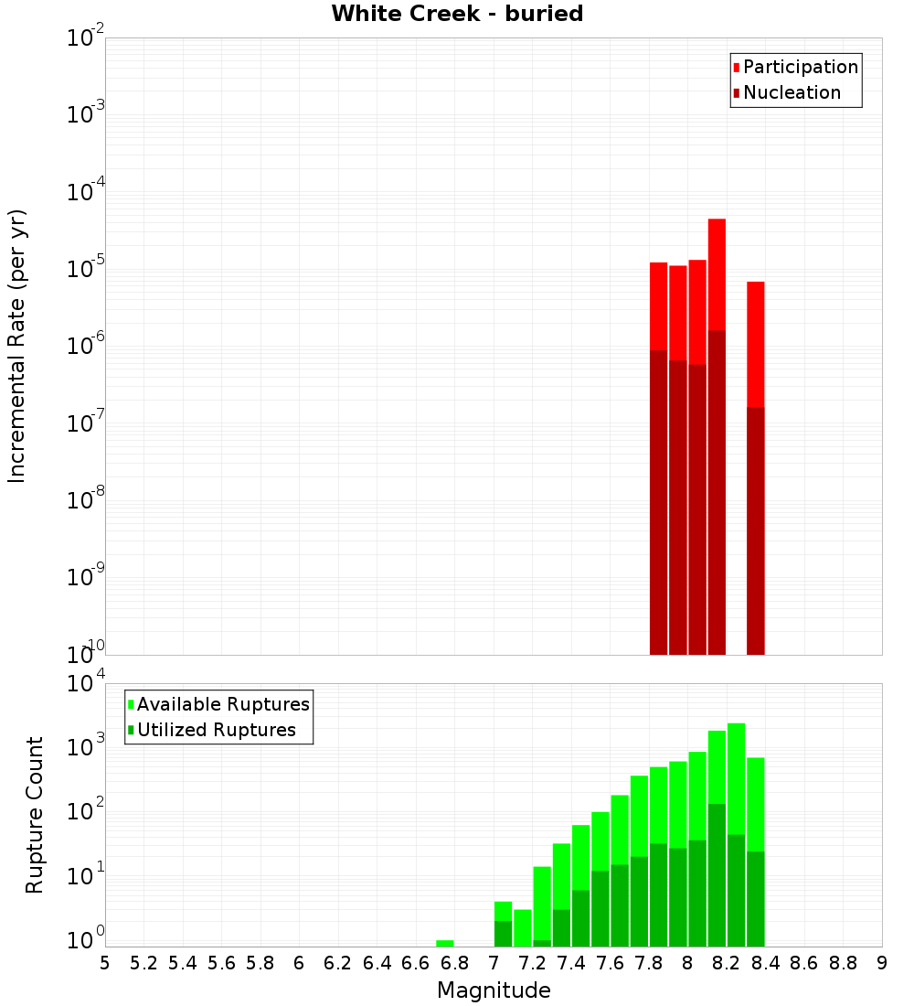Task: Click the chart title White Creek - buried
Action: [457, 14]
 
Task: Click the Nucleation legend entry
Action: [791, 92]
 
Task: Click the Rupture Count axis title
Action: [35, 814]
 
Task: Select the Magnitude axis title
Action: [494, 990]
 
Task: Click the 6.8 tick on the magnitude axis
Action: [454, 963]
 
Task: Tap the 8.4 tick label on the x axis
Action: [765, 963]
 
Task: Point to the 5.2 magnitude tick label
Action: [143, 963]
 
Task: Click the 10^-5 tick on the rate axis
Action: [87, 268]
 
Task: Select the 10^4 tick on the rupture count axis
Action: [87, 683]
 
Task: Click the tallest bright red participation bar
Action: [717, 274]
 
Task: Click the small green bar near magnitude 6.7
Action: [445, 943]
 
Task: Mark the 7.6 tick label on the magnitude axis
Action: [610, 963]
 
